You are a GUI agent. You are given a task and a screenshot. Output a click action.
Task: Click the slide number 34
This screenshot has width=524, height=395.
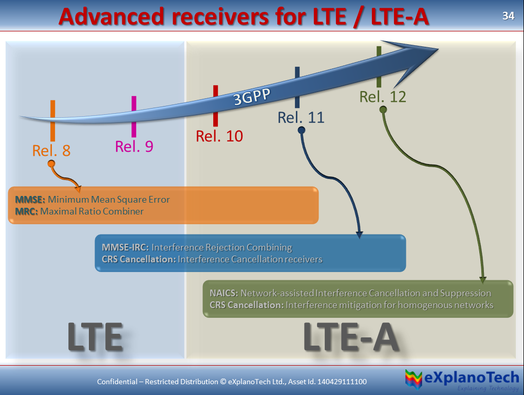click(508, 16)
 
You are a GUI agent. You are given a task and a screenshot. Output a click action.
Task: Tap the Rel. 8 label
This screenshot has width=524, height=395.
click(51, 151)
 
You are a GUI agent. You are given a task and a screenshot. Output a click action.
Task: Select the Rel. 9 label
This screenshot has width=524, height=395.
click(134, 147)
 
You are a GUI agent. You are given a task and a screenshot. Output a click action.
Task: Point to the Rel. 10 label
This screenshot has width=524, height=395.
click(219, 136)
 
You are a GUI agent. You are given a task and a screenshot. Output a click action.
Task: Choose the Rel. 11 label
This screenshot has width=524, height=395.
click(301, 117)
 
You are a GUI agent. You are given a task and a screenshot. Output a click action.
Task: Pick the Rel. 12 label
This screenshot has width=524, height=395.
click(383, 97)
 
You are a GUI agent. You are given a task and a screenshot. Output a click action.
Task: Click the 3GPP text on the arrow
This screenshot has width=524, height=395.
click(252, 97)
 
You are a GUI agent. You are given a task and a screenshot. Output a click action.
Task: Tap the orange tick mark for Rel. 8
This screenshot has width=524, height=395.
click(53, 121)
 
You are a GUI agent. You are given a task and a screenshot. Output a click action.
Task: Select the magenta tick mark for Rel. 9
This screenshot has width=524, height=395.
click(134, 117)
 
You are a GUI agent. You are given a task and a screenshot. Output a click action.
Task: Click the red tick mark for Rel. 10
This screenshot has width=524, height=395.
click(216, 105)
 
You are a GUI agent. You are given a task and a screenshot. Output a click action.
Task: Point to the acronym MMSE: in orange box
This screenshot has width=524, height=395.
click(30, 200)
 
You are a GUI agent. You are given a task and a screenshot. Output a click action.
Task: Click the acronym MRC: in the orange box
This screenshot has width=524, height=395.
click(26, 211)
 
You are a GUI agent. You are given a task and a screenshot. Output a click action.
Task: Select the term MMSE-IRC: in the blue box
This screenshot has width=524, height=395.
click(125, 247)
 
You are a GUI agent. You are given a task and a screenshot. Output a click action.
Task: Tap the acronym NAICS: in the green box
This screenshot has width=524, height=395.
click(224, 293)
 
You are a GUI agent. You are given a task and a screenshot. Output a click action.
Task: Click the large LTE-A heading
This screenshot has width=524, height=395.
click(351, 337)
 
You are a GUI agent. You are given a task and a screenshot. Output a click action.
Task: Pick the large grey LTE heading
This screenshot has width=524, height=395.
click(95, 337)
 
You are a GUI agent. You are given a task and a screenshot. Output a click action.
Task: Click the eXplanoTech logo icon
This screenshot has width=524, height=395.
click(414, 379)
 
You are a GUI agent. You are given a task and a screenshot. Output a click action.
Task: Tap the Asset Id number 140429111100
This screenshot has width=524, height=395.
click(342, 382)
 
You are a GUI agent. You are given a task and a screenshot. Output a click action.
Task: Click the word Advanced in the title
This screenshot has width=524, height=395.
click(111, 17)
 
